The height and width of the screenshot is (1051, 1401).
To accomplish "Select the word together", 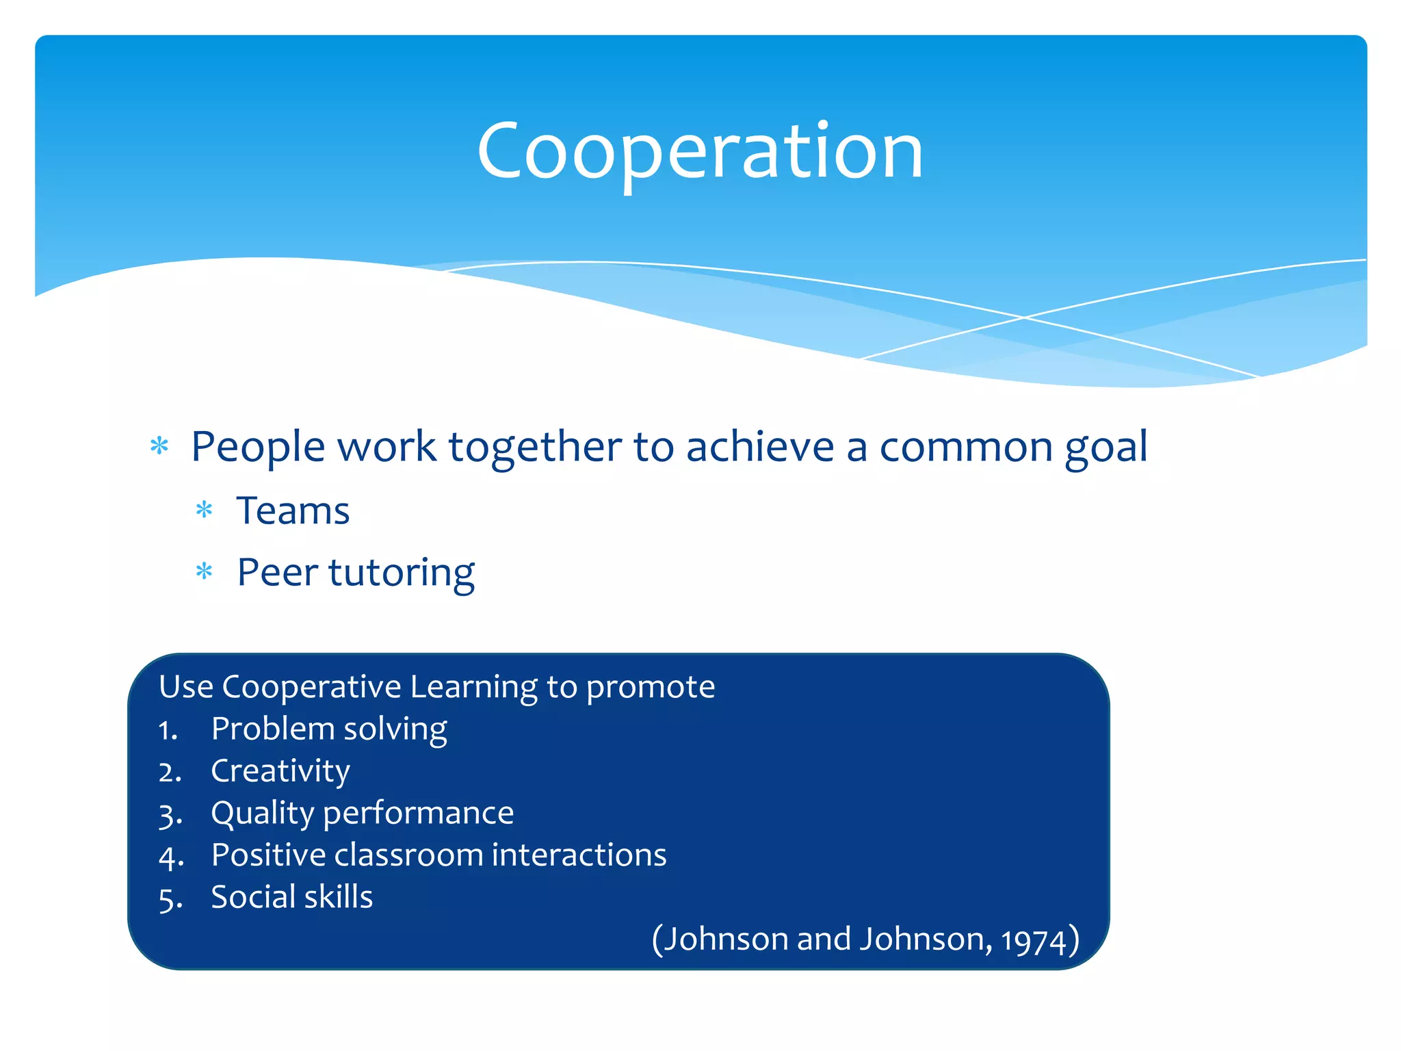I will tap(534, 447).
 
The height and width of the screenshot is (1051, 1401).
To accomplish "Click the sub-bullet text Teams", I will tap(293, 511).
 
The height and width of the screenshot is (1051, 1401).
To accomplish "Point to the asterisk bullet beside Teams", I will tap(204, 510).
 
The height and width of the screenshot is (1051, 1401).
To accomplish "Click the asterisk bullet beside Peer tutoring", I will tap(204, 571).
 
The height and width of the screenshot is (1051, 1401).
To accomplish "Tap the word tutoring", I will tap(402, 573).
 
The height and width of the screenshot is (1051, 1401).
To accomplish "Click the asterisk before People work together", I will tap(159, 447).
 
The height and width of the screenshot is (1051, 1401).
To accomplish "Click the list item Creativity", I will tap(280, 772).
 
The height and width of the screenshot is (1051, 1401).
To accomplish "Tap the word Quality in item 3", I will tap(262, 814).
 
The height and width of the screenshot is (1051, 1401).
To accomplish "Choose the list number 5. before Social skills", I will tap(170, 899).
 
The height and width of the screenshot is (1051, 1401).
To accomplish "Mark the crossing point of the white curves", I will tap(1024, 317).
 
